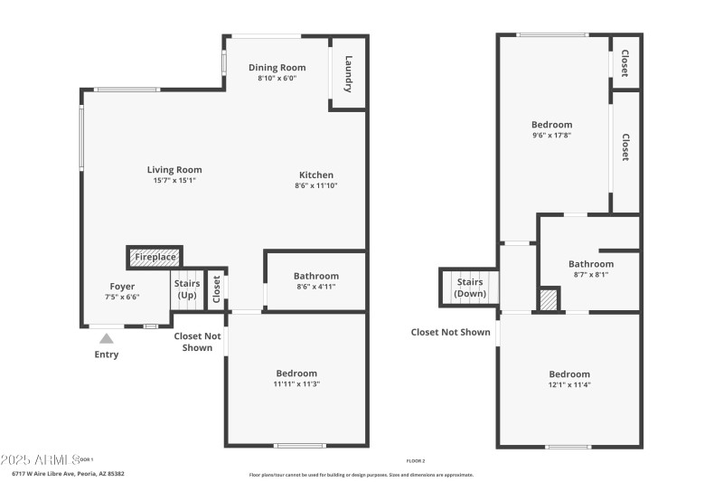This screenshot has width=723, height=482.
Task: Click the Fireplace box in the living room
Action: (155, 258)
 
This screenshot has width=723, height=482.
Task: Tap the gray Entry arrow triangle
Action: (107, 338)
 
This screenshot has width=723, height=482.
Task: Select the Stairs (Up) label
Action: (186, 289)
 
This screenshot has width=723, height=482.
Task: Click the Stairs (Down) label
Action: (469, 288)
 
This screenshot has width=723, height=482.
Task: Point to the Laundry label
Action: (348, 73)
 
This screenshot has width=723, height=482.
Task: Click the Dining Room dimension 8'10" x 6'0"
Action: (277, 79)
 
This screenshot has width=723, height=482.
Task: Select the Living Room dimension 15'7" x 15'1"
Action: (174, 180)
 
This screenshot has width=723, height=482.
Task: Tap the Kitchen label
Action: (316, 175)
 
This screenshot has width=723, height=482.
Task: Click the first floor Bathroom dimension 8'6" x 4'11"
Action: (315, 287)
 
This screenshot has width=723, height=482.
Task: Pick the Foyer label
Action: (122, 286)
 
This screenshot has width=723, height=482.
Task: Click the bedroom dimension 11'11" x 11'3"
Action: (296, 384)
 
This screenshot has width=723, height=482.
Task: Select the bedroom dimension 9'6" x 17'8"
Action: (551, 136)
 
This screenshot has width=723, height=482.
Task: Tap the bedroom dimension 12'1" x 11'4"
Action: (569, 384)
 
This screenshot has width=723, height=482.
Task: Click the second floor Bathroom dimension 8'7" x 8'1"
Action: (591, 275)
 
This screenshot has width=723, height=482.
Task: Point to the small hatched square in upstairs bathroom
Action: (549, 300)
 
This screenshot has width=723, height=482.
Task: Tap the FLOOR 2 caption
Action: (416, 460)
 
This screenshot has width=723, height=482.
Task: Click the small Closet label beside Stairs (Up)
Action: (216, 288)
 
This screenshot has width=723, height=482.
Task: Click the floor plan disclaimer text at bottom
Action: (361, 474)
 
